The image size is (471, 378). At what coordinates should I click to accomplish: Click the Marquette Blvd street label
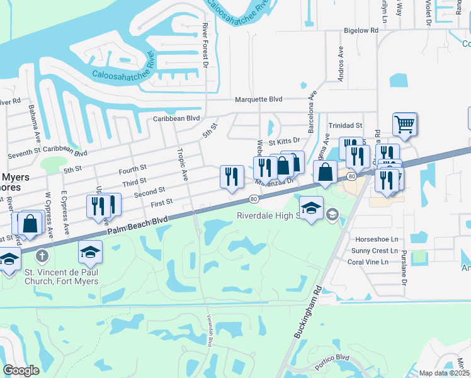pyautogui.click(x=259, y=100)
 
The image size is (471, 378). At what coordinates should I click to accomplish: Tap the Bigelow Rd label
pyautogui.click(x=361, y=30)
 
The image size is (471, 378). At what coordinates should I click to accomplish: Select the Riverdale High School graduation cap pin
pyautogui.click(x=311, y=209)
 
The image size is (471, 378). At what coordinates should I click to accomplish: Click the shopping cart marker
pyautogui.click(x=404, y=123)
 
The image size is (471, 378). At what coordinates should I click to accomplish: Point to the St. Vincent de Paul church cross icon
pyautogui.click(x=42, y=256)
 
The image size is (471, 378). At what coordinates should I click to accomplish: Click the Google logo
pyautogui.click(x=21, y=370)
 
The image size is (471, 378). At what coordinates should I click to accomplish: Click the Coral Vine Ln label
pyautogui.click(x=373, y=261)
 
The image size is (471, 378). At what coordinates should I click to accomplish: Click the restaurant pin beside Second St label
pyautogui.click(x=232, y=176)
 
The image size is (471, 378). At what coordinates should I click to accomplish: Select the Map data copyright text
pyautogui.click(x=445, y=373)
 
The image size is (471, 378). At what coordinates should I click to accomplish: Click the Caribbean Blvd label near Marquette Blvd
pyautogui.click(x=176, y=118)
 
